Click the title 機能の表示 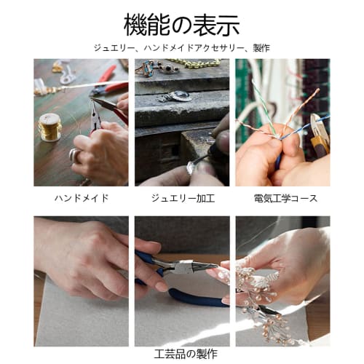182,25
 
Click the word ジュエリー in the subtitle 113,48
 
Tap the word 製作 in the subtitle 261,48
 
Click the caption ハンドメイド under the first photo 81,197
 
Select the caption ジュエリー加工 182,197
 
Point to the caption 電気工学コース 282,197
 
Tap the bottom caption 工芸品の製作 182,355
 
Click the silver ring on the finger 74,154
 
